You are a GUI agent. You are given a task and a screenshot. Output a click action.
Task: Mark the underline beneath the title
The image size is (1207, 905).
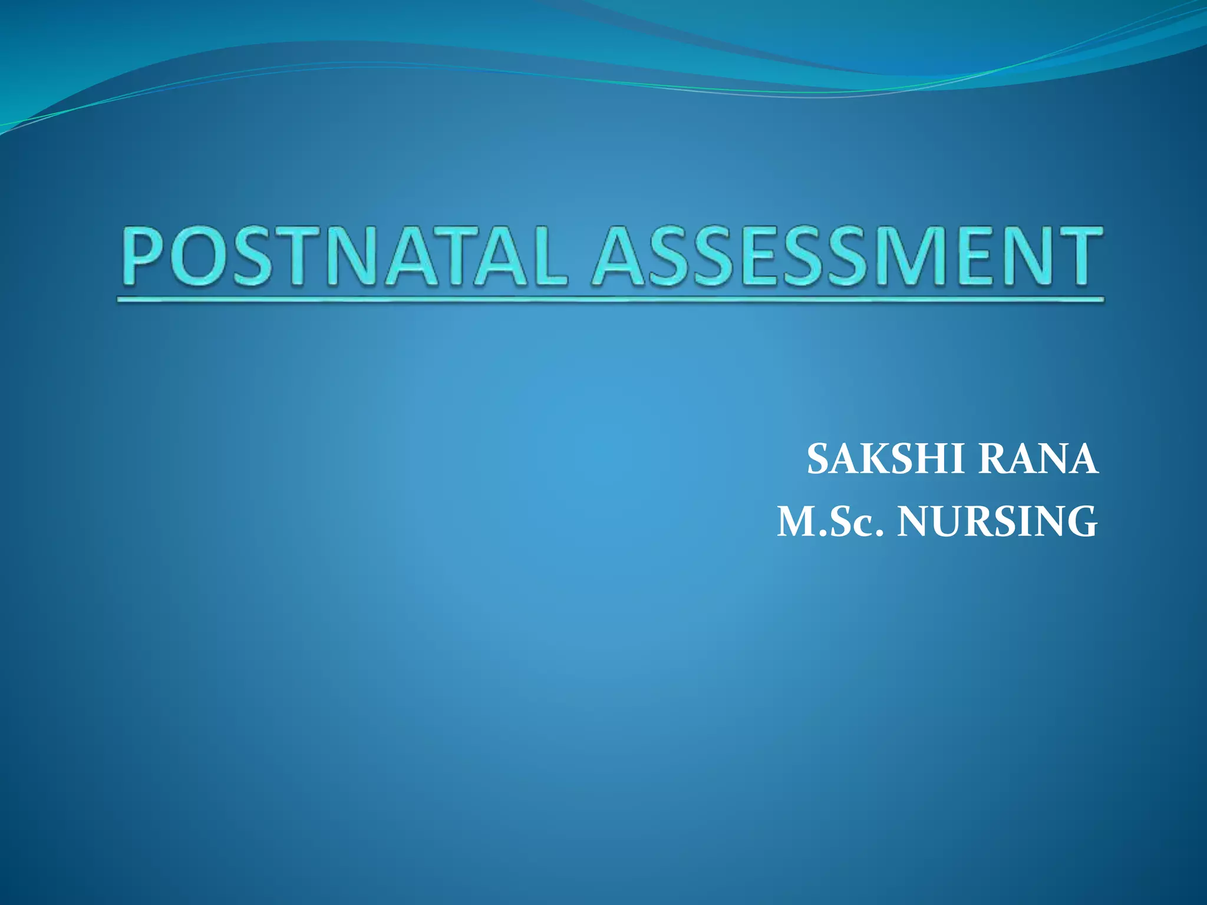[x=610, y=300]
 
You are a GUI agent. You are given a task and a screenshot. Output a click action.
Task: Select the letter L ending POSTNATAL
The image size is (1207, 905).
[x=545, y=257]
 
